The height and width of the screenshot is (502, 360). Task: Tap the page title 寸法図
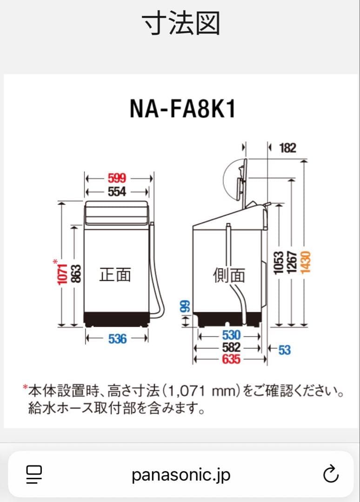pyautogui.click(x=181, y=23)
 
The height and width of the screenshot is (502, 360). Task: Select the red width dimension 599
pyautogui.click(x=117, y=178)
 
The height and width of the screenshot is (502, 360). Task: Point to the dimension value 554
pyautogui.click(x=117, y=191)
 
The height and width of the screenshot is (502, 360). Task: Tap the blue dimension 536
pyautogui.click(x=117, y=339)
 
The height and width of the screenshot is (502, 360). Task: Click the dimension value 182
pyautogui.click(x=287, y=148)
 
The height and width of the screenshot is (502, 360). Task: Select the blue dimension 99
pyautogui.click(x=185, y=306)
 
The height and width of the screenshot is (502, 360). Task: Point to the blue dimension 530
pyautogui.click(x=231, y=335)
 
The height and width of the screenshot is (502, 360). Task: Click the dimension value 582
pyautogui.click(x=231, y=347)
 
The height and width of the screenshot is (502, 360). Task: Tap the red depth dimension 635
pyautogui.click(x=231, y=359)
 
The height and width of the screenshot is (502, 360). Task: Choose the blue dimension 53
pyautogui.click(x=284, y=349)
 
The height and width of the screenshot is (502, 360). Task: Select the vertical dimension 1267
pyautogui.click(x=292, y=262)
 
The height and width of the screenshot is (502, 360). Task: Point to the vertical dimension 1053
pyautogui.click(x=279, y=262)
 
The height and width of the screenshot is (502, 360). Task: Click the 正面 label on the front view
pyautogui.click(x=115, y=275)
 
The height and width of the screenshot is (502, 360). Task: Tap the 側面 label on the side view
pyautogui.click(x=229, y=276)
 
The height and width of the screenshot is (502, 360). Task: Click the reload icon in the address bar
pyautogui.click(x=330, y=475)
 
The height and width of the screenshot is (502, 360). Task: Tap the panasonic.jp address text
pyautogui.click(x=181, y=475)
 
